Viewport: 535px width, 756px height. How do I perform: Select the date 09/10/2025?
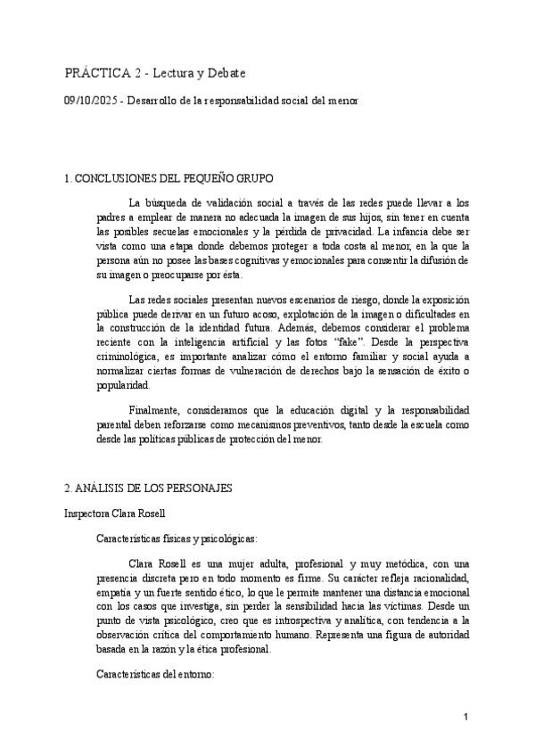(89, 102)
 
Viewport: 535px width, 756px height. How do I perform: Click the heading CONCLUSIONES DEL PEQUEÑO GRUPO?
(169, 179)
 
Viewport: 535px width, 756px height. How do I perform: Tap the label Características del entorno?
(155, 676)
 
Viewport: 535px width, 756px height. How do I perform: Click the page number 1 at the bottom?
(466, 718)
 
